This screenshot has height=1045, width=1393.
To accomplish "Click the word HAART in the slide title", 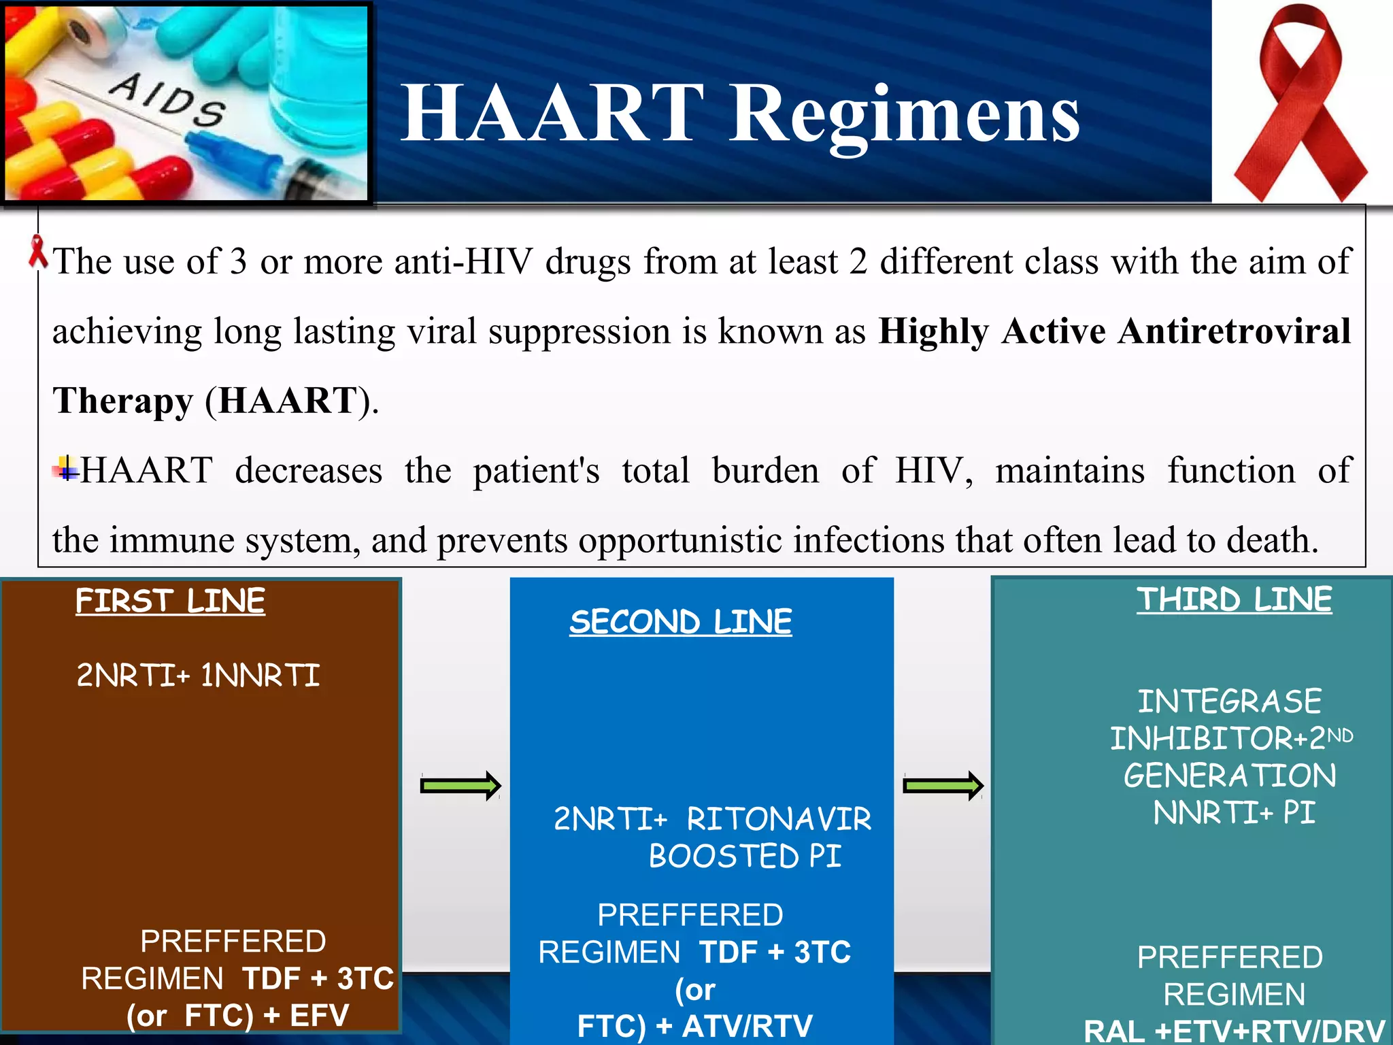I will pos(552,113).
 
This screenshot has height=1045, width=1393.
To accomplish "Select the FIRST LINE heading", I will pos(170,601).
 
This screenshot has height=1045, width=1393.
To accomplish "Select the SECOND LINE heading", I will pos(681,622).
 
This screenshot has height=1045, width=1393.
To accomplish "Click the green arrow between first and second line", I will pos(460,786).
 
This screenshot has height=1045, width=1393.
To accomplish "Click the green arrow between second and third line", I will pos(943,786).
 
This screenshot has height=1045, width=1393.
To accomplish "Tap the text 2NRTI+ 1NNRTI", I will pos(198,676).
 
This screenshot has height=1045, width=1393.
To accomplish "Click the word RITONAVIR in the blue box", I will pos(779,819).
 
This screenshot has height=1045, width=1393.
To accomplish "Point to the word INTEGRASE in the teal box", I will pos(1230,701).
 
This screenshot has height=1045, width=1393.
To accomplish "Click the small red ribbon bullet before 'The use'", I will pos(38,252).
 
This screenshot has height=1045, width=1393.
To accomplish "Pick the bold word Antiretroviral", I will pos(1234,331).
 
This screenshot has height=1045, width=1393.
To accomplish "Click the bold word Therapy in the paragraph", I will pos(123,401).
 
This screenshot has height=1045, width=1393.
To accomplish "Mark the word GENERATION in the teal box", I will pos(1230,776).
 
